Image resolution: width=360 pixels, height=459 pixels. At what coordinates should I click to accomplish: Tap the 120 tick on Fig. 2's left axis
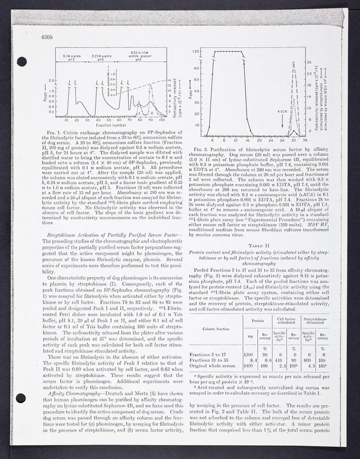(197, 51)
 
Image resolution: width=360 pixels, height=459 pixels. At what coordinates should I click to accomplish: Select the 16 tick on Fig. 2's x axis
(246, 139)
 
